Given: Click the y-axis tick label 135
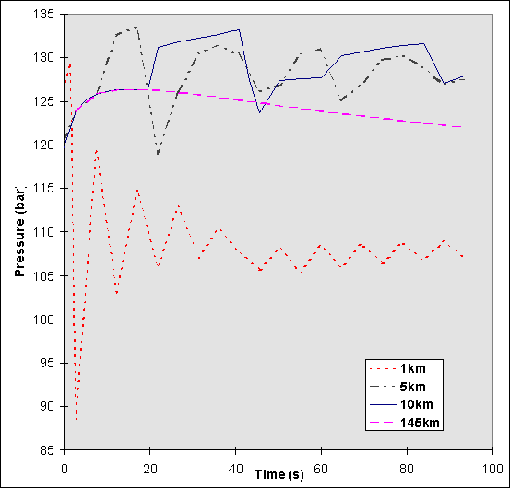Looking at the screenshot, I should (x=43, y=14).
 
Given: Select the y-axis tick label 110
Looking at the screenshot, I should (x=43, y=231).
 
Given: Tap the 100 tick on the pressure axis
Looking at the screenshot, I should (x=43, y=319).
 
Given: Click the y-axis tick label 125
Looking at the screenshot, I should (x=43, y=100).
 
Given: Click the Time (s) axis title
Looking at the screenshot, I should (x=279, y=474).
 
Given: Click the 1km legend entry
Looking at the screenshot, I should (x=438, y=369).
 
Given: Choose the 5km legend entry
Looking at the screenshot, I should (x=438, y=387).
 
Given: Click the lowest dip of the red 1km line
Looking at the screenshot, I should (x=77, y=419).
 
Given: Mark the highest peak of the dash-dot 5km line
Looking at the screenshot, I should (x=136, y=27).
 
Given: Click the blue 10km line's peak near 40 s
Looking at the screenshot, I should (x=239, y=29).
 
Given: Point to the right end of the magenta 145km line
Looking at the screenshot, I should (x=462, y=126).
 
